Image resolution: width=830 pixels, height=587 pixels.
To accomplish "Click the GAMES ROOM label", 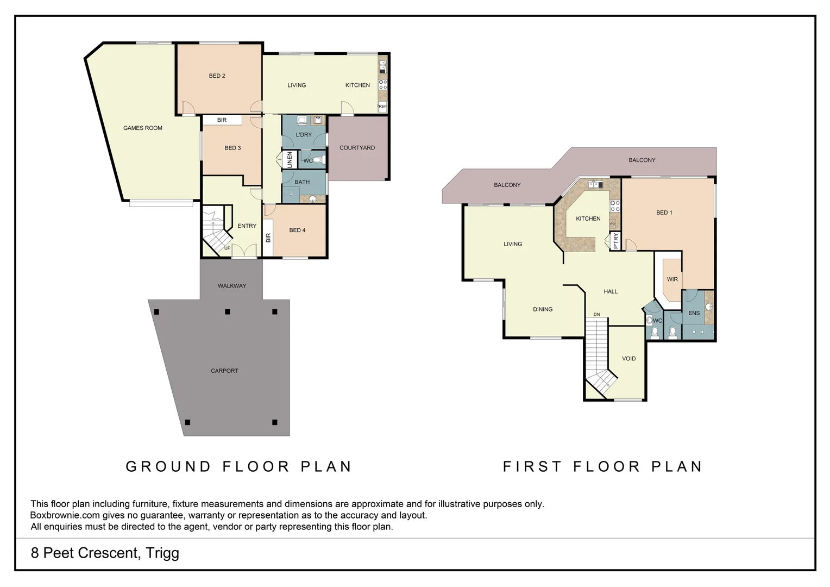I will coord(142,128).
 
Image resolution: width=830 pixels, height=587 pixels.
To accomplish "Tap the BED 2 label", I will coord(217,76).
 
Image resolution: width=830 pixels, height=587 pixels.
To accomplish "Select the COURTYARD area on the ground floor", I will coord(357,148).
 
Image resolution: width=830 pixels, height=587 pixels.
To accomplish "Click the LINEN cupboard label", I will coord(290,160).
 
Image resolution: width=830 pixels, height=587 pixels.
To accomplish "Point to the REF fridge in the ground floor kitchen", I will coord(382,107).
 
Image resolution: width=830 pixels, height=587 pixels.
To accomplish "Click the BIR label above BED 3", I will coord(222,120).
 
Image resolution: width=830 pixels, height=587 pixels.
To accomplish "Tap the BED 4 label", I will coord(297,230).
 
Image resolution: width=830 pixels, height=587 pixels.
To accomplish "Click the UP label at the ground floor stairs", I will coord(227,248).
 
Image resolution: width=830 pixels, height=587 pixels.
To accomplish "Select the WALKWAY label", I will coord(232,286).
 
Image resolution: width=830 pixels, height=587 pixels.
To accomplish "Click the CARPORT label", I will coord(224,371).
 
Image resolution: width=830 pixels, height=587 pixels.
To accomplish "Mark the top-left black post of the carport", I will coord(156,312).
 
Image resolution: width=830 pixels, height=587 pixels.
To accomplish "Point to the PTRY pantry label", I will coord(615,240).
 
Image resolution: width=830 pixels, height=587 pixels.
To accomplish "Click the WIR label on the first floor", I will coord(672,279).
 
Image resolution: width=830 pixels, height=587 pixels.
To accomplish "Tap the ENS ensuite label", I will coord(694,313).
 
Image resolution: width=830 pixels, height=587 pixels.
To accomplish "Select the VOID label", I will coord(628,359).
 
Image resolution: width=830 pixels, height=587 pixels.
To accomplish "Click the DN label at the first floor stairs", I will coord(596,315).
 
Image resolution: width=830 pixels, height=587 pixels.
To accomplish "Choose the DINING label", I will coord(543,310).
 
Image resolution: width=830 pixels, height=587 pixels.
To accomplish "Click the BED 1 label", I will coord(664,213).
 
